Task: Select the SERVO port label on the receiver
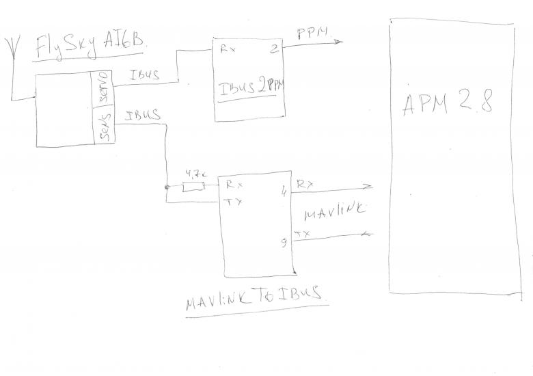click(x=104, y=90)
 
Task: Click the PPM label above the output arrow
click(x=312, y=32)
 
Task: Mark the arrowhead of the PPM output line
click(x=338, y=42)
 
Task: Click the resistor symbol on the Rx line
click(x=193, y=186)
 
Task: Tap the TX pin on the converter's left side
click(x=230, y=201)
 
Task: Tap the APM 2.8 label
click(x=448, y=105)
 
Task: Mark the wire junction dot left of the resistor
click(x=167, y=186)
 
